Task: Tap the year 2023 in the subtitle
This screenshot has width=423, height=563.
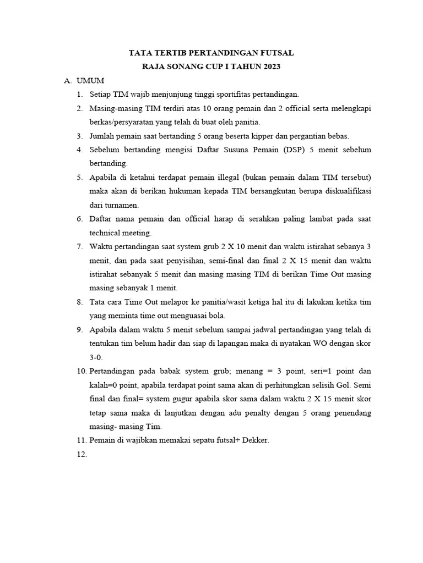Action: coord(269,67)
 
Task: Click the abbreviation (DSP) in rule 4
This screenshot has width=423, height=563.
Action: coord(278,150)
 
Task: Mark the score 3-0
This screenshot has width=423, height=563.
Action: coord(96,357)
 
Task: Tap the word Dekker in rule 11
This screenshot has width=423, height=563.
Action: coord(253,440)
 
